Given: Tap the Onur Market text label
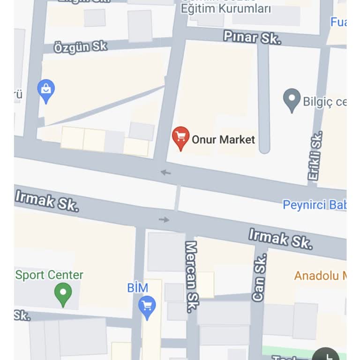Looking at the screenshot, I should [223, 139].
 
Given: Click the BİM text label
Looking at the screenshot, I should [137, 288].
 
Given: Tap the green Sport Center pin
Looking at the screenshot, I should [63, 294].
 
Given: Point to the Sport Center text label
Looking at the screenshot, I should [49, 275].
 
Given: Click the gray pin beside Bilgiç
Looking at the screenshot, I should [292, 100].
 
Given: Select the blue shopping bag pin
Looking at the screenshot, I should [46, 90].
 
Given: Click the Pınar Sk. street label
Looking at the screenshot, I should [252, 37].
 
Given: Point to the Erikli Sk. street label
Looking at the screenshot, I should [315, 157].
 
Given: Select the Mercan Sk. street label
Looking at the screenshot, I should [191, 277].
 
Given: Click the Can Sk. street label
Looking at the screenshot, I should [259, 277].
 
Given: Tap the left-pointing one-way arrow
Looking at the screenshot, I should [165, 172].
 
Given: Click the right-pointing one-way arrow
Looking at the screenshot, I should [164, 219].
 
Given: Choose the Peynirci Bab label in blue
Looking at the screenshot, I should [314, 205].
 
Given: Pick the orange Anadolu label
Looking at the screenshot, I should [320, 276].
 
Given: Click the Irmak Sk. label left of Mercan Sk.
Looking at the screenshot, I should [47, 201].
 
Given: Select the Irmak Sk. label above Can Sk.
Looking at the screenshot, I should [280, 238].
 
